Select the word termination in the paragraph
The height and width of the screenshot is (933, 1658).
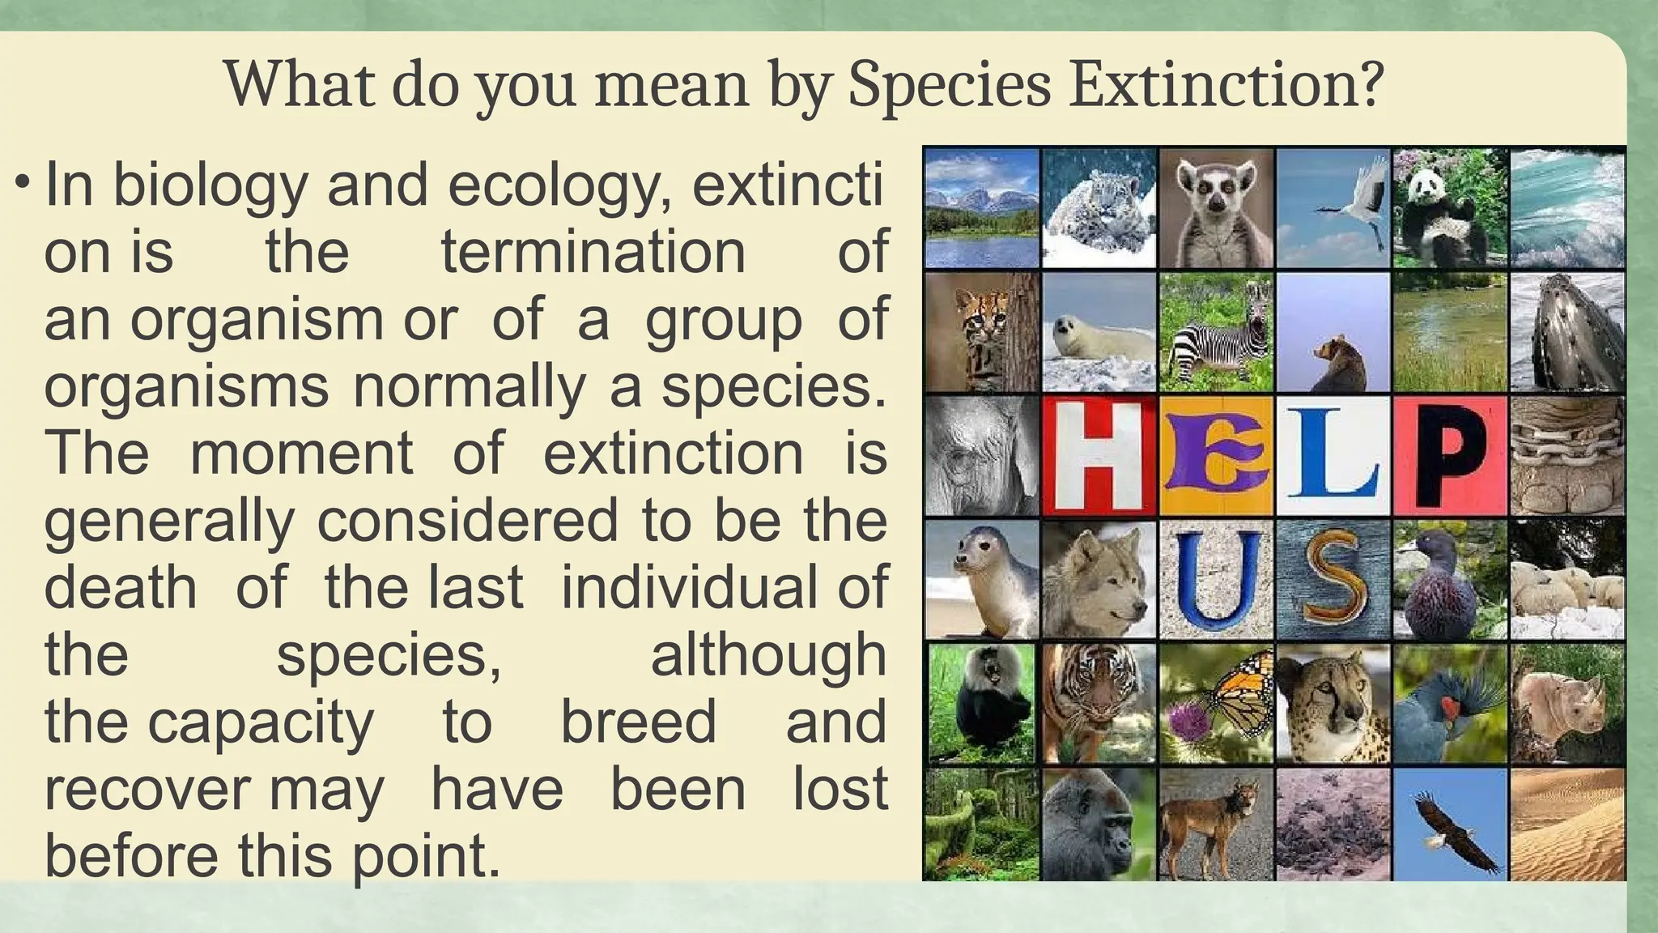593,252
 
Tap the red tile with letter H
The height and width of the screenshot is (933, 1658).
1099,456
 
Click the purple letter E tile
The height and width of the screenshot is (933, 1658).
1216,456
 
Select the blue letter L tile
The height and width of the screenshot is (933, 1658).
1333,456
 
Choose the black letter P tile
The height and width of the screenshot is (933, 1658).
1450,456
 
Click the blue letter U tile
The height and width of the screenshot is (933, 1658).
1216,579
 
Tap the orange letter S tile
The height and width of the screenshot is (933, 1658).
1333,579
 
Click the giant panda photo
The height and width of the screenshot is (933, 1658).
1450,208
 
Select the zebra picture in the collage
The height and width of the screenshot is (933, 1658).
1216,332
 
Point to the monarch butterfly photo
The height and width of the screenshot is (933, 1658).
1216,703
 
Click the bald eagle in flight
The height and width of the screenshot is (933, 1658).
1450,824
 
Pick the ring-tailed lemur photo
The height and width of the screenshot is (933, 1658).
1216,208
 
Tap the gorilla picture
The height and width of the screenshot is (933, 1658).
1099,824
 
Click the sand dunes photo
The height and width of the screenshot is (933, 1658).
1567,824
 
